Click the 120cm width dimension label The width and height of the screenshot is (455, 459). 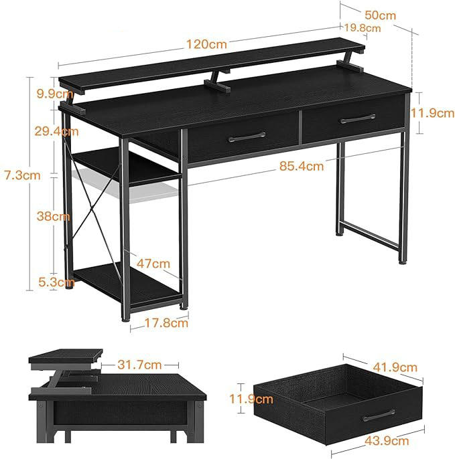click(206, 44)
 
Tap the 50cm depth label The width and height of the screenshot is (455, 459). click(380, 15)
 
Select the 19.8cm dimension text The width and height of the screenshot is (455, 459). click(363, 28)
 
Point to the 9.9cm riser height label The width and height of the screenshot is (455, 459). click(55, 94)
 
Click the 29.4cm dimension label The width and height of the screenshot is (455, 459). click(56, 131)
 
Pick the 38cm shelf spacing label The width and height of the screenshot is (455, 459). click(54, 216)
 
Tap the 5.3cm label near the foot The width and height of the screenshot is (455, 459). click(56, 282)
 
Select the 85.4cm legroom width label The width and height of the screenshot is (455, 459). click(302, 166)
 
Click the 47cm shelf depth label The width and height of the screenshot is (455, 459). click(153, 264)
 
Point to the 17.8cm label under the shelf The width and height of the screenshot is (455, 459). click(166, 323)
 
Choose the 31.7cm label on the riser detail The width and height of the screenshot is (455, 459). click(139, 365)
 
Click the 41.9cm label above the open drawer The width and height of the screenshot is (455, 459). click(395, 367)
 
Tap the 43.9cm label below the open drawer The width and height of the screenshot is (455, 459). click(387, 441)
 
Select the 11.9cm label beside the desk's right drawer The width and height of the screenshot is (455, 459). click(432, 113)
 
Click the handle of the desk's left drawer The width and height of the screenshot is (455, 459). click(247, 136)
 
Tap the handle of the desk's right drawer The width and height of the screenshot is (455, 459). click(358, 118)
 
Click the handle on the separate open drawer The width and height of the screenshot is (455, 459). click(379, 416)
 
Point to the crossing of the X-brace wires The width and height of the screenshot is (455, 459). click(91, 209)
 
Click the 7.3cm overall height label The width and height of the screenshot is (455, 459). click(22, 175)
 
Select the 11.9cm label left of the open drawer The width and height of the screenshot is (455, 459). click(251, 399)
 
